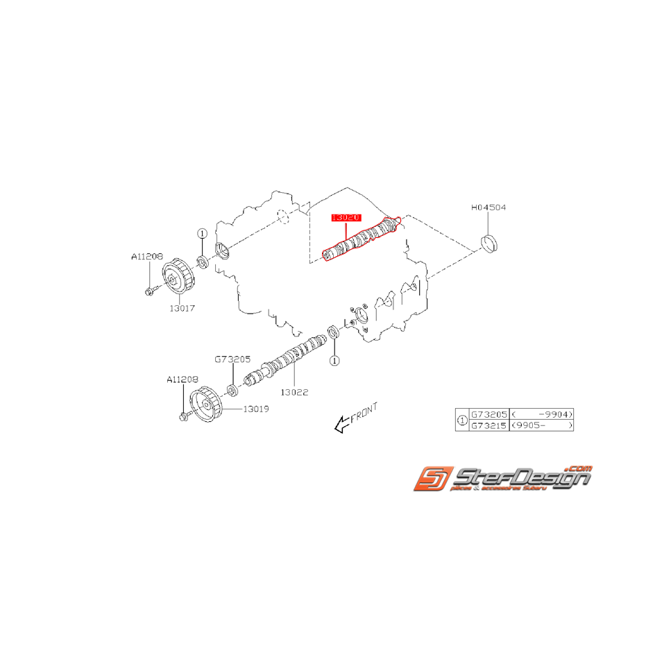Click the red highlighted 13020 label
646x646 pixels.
[346, 218]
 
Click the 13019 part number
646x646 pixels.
[255, 409]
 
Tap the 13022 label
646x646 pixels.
[294, 392]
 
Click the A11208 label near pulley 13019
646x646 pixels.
[182, 380]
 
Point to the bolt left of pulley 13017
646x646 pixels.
[149, 291]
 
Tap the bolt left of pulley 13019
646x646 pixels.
[184, 417]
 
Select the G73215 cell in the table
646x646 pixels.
[489, 425]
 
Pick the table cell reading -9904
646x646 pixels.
[541, 412]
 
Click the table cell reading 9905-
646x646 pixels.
[541, 425]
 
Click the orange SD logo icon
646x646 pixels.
[433, 479]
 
